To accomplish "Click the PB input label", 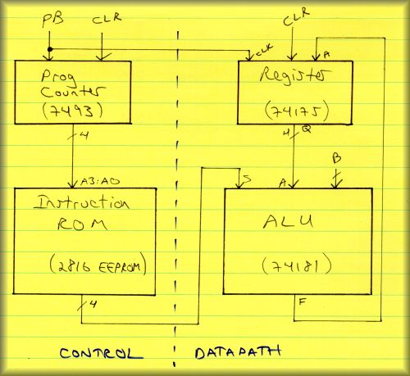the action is click(x=53, y=20).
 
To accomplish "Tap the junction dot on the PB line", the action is click(x=50, y=49).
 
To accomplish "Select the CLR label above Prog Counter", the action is click(x=107, y=18).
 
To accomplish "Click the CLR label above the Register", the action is click(x=297, y=16).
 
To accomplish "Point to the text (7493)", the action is click(x=73, y=111).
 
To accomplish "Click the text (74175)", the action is click(x=297, y=111).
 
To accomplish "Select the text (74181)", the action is click(x=297, y=265).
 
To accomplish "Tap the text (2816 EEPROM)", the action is click(x=98, y=265).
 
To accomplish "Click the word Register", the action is click(x=295, y=75).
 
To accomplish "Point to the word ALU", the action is click(x=289, y=222).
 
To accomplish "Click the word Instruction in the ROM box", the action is click(x=81, y=203).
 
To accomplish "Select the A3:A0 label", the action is click(x=100, y=182).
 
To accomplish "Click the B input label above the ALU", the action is click(x=336, y=158).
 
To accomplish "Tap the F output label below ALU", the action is click(x=303, y=302).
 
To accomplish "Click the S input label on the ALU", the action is click(x=247, y=179).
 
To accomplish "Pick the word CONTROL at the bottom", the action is click(x=101, y=354).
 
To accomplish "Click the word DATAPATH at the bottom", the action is click(x=238, y=352).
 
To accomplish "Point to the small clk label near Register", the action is click(x=264, y=51).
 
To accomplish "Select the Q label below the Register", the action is click(x=307, y=129).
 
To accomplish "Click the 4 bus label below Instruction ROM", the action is click(x=93, y=304).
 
